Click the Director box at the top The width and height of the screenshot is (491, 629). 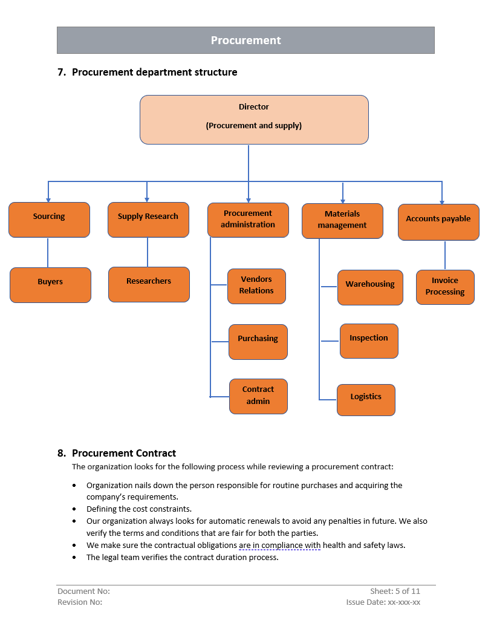(x=254, y=119)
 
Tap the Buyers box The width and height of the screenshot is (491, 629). (x=50, y=285)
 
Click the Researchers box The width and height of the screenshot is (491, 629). (x=149, y=284)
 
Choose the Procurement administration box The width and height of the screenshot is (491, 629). (x=248, y=220)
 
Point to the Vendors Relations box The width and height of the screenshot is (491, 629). (x=256, y=286)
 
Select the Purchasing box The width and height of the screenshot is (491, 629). (x=258, y=342)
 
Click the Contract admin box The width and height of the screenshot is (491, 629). (x=258, y=396)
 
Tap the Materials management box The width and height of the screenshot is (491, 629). (x=342, y=221)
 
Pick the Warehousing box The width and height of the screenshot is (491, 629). (x=370, y=287)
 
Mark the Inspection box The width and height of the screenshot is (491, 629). (x=369, y=341)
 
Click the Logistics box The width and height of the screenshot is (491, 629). (x=366, y=400)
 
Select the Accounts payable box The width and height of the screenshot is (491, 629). (x=438, y=222)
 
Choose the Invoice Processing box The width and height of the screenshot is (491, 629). (x=445, y=287)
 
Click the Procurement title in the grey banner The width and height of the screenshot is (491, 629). (x=245, y=41)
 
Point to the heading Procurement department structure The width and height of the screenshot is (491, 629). (x=154, y=72)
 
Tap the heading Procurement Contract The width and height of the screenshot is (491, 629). (x=124, y=453)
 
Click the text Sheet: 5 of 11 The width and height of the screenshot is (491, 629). (x=395, y=591)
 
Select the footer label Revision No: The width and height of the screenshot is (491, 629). (x=80, y=602)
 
